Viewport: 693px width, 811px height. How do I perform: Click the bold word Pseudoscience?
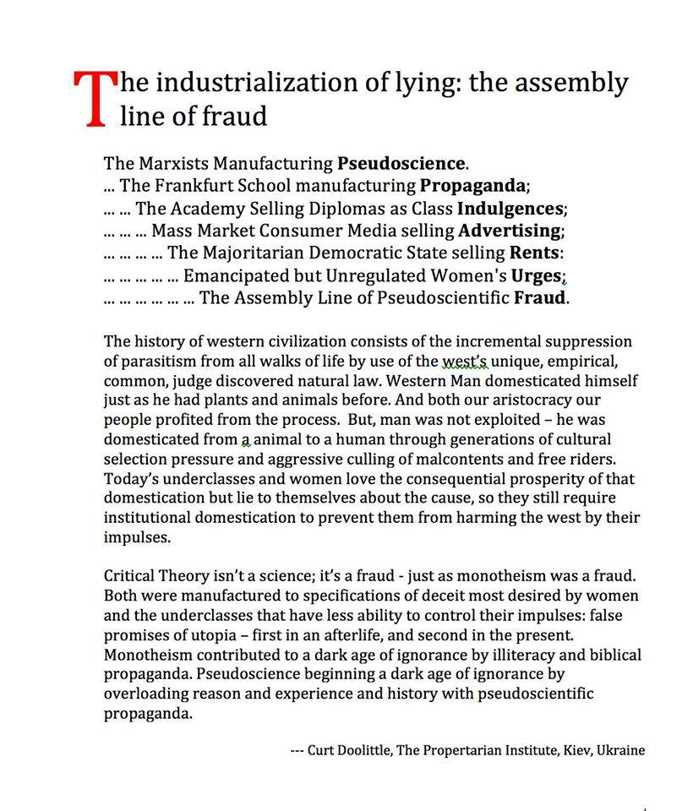coord(401,162)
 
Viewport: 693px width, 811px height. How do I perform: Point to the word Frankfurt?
coord(203,185)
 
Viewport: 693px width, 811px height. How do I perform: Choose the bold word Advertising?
coord(510,230)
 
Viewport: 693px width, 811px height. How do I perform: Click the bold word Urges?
coord(536,275)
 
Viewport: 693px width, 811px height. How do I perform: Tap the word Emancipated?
coord(240,275)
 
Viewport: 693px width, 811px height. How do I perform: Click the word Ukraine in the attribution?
coord(622,749)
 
